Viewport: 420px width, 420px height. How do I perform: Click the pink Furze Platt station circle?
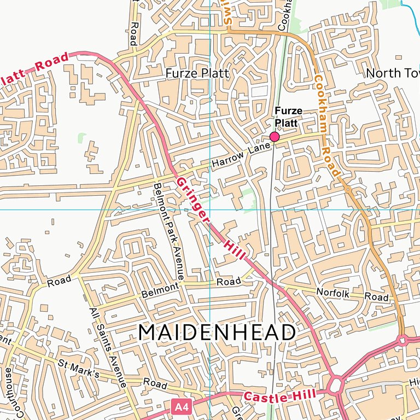click(275, 137)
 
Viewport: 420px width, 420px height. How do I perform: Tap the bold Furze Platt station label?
click(288, 116)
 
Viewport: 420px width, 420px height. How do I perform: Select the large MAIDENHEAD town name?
click(217, 332)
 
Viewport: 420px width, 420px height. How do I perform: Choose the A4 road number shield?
click(182, 407)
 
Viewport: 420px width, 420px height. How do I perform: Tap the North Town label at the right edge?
click(392, 73)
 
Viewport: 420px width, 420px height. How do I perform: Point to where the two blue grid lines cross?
click(210, 209)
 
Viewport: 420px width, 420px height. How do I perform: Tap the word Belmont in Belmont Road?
click(160, 290)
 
